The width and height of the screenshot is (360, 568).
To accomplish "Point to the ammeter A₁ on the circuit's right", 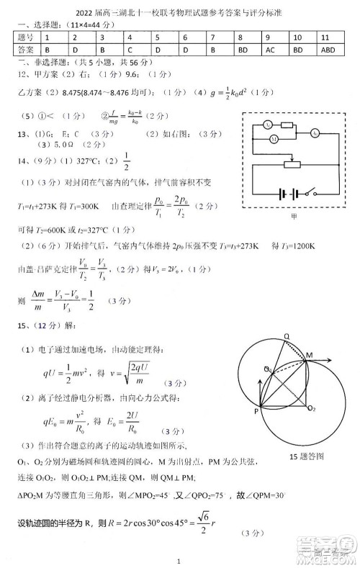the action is click(315, 133).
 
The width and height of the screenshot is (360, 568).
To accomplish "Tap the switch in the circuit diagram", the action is click(310, 194).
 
